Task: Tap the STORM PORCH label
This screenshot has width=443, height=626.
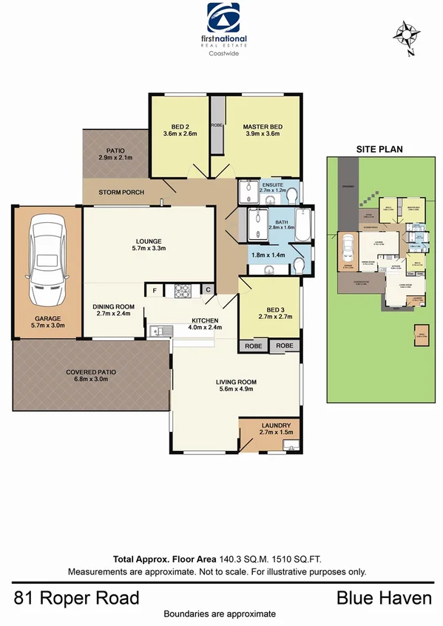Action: point(121,193)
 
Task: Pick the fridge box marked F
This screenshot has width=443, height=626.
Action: point(154,291)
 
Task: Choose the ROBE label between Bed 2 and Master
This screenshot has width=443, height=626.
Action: point(217,125)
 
